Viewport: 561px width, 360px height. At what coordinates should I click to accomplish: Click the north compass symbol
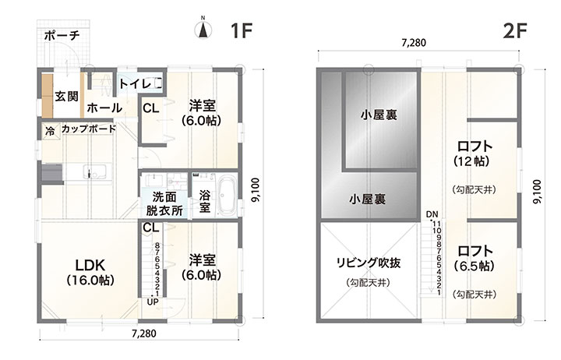click(x=203, y=30)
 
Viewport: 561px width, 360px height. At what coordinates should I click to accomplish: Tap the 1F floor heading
click(x=242, y=30)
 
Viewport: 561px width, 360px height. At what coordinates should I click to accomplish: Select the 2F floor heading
click(x=515, y=30)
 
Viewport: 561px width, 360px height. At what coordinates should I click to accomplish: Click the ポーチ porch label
click(x=62, y=35)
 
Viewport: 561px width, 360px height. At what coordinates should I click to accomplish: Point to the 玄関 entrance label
click(x=66, y=97)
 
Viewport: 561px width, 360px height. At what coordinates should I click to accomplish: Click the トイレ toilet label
click(x=135, y=83)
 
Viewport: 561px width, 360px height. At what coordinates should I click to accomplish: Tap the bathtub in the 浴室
click(x=227, y=195)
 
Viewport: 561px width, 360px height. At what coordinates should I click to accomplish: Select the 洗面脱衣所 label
click(x=164, y=203)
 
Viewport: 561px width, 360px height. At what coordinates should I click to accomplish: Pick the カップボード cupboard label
click(x=89, y=129)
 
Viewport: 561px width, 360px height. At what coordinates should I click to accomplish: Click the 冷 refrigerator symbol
click(x=51, y=131)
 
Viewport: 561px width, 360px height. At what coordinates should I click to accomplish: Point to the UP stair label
click(x=153, y=302)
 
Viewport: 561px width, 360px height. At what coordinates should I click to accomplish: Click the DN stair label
click(x=432, y=214)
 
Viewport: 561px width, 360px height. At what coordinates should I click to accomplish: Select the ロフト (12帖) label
click(x=475, y=154)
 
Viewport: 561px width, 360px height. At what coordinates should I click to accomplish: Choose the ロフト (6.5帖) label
click(x=475, y=259)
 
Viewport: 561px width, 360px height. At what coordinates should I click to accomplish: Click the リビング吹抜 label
click(x=368, y=263)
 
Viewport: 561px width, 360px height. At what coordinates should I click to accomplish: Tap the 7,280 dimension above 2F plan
click(x=414, y=43)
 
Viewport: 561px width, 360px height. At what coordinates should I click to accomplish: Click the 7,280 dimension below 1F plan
click(x=144, y=334)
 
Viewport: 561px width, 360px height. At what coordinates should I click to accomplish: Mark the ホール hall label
click(x=104, y=108)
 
